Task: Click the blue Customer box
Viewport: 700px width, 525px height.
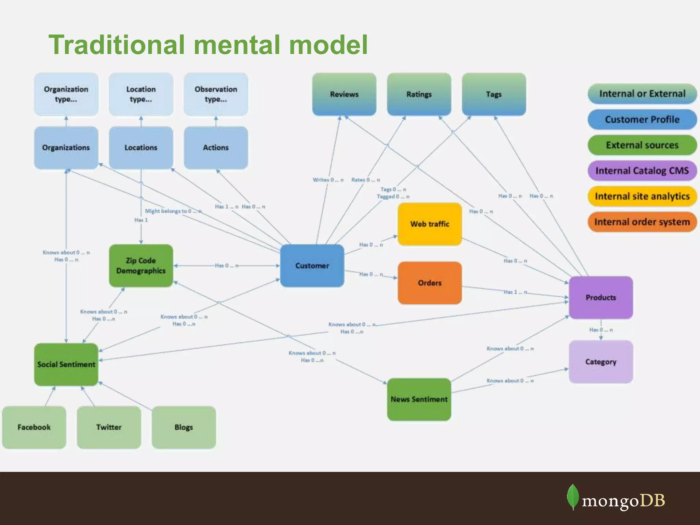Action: (312, 266)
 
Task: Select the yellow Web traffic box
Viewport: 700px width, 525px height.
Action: (430, 224)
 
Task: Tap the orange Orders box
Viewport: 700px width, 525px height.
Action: (430, 283)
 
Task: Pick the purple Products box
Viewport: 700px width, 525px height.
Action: (601, 297)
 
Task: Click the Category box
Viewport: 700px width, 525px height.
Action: (601, 362)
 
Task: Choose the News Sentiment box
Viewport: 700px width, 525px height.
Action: (419, 399)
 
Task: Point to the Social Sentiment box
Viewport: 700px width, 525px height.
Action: (66, 364)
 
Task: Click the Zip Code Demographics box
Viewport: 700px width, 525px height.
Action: (141, 266)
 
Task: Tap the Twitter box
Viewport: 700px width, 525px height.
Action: (109, 427)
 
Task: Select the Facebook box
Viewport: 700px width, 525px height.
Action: (34, 427)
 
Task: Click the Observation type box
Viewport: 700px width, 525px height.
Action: (216, 94)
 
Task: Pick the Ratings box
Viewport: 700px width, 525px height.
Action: (419, 94)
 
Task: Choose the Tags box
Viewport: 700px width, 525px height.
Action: (494, 94)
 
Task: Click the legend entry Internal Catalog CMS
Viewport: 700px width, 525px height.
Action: (642, 171)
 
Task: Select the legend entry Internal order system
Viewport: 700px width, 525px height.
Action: (642, 222)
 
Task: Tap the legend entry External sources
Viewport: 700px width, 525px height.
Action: (642, 145)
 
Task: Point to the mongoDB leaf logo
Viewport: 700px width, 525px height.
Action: (573, 497)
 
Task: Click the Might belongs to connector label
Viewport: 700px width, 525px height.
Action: (173, 211)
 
